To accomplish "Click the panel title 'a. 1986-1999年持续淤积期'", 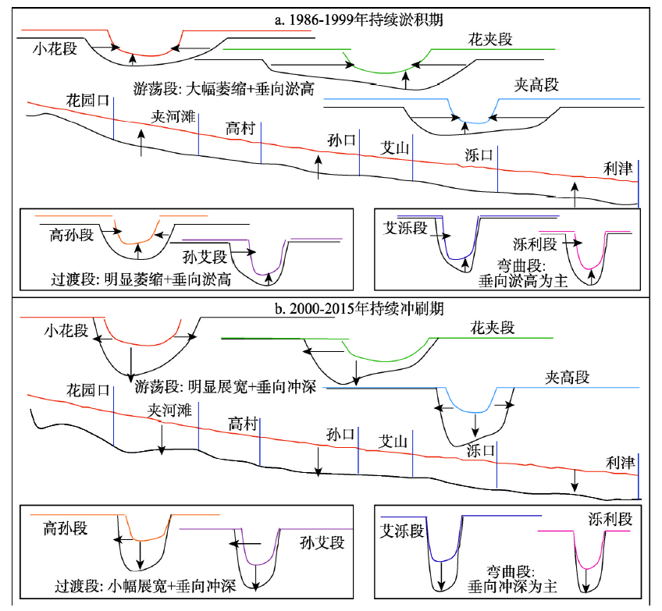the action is coord(358,20).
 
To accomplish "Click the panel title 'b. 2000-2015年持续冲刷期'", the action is coord(359,309).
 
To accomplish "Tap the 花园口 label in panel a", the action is coord(87,101).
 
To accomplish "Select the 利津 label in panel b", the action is coord(620,463).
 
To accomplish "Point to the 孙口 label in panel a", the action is coord(342,140).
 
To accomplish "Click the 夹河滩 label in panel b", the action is coord(169,410).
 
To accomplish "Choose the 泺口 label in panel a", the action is coord(479,155).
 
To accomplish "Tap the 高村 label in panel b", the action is coord(243,423).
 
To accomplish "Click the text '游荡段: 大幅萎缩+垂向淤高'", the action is coord(224,89).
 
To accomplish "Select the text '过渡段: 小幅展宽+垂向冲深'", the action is coord(145,586).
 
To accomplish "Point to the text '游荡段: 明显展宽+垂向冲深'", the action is coord(225,386).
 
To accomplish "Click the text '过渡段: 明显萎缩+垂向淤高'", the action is coord(141,279).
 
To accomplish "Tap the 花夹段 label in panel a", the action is coord(490,39).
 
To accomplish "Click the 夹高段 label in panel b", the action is coord(567,377).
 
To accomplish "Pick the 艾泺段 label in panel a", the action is coord(405,228).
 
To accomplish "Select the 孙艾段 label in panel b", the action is coord(322,542).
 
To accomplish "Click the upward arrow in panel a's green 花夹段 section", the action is coord(406,80).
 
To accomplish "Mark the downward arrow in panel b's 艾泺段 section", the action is coord(441,576).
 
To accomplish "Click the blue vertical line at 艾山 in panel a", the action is coord(412,158).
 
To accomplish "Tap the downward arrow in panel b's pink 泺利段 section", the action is coord(586,581).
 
